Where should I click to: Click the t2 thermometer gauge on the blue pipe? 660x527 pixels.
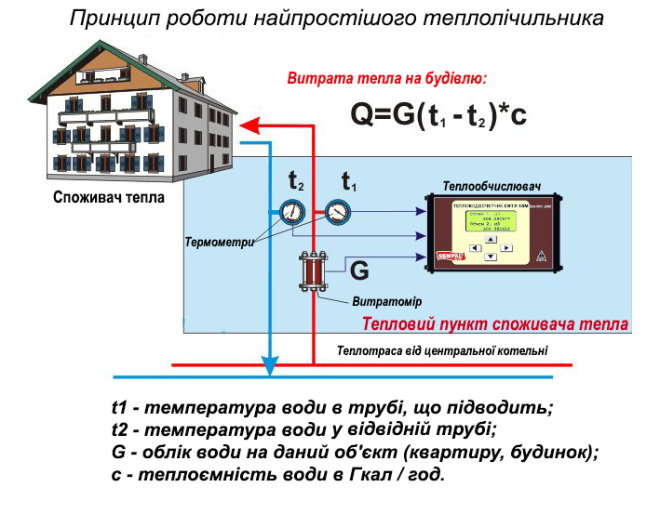point(292,212)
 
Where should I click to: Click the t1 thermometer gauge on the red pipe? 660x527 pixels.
point(337,212)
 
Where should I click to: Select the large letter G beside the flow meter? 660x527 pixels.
point(359,272)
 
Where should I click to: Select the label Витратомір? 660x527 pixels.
point(386,302)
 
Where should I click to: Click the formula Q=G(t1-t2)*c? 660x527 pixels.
point(438,114)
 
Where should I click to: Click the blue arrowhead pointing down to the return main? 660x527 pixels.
point(269,365)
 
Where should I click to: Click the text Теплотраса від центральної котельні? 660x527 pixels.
point(442,350)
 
